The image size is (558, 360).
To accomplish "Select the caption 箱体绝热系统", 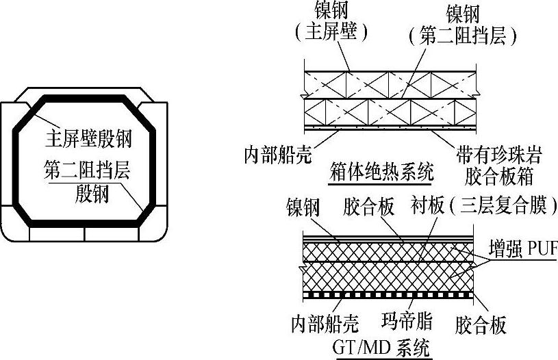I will [381, 172].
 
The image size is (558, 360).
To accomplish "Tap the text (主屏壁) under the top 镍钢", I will [328, 34].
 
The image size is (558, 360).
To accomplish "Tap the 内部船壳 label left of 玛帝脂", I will [319, 322].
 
